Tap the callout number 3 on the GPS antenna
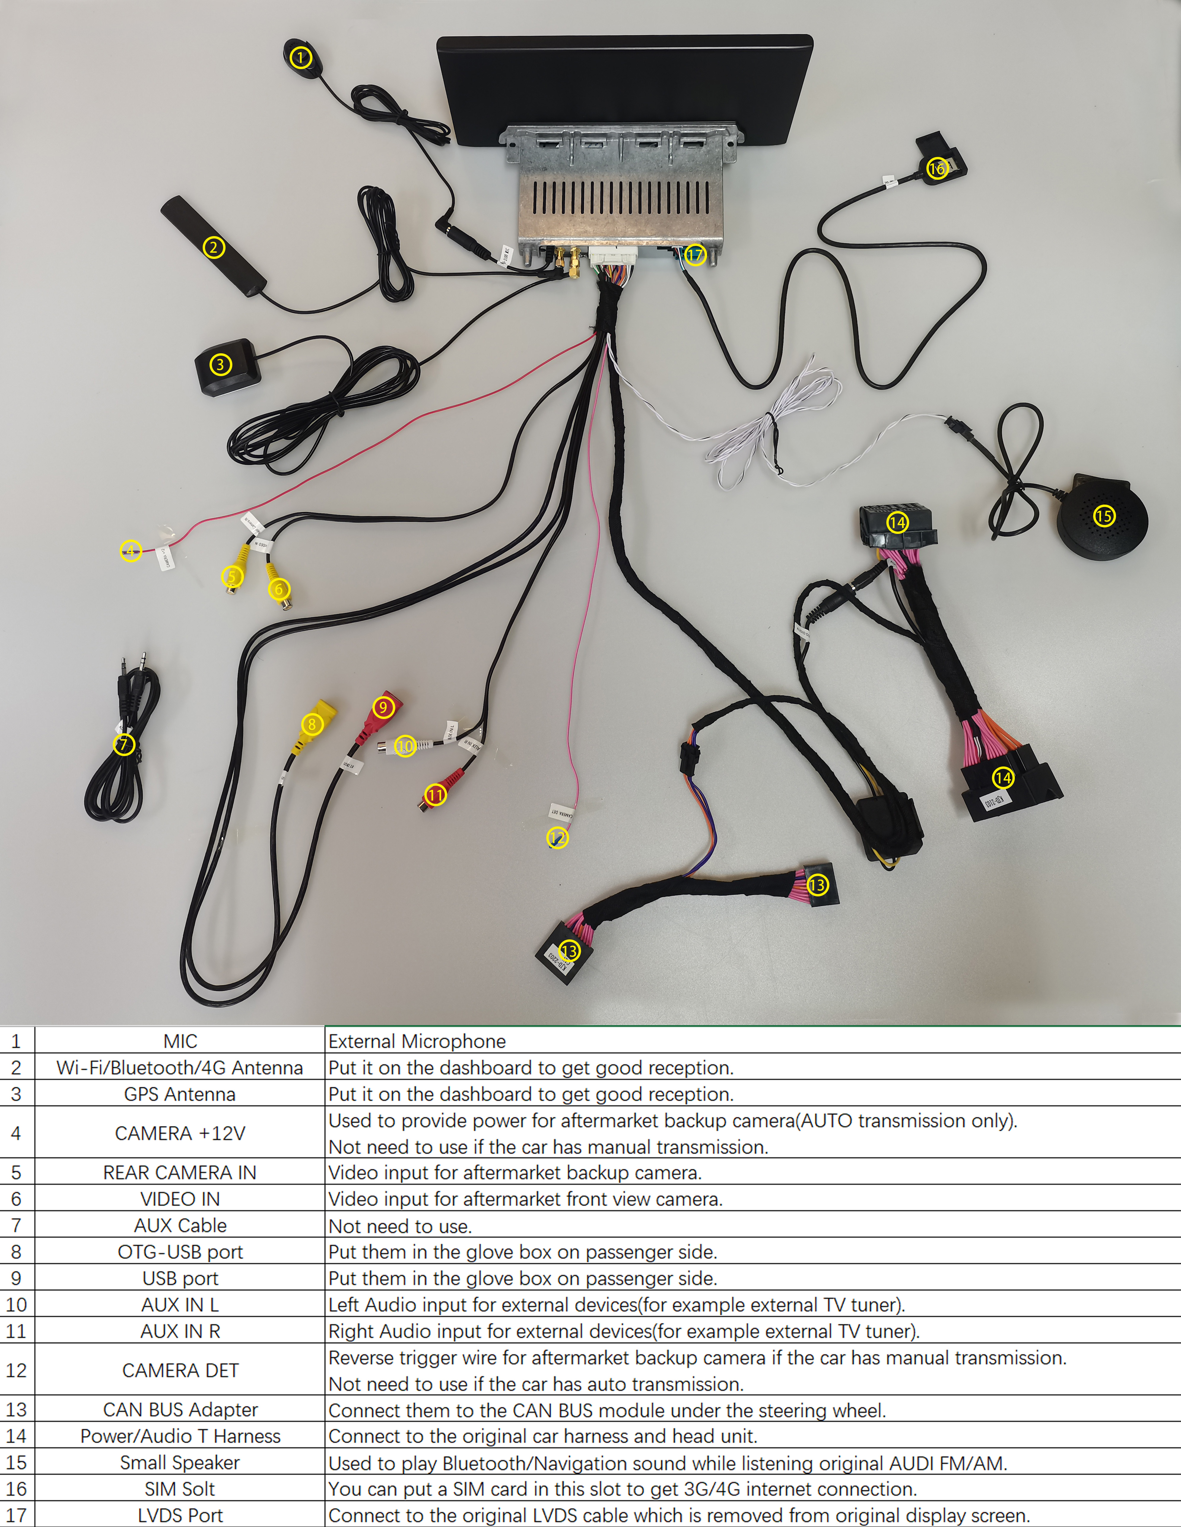point(220,364)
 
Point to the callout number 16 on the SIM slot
point(937,168)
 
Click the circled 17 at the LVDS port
point(694,254)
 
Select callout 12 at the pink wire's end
point(557,838)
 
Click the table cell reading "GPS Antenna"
point(180,1094)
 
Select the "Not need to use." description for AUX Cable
point(400,1226)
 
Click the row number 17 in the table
point(17,1515)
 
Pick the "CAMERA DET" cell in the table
point(180,1370)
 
